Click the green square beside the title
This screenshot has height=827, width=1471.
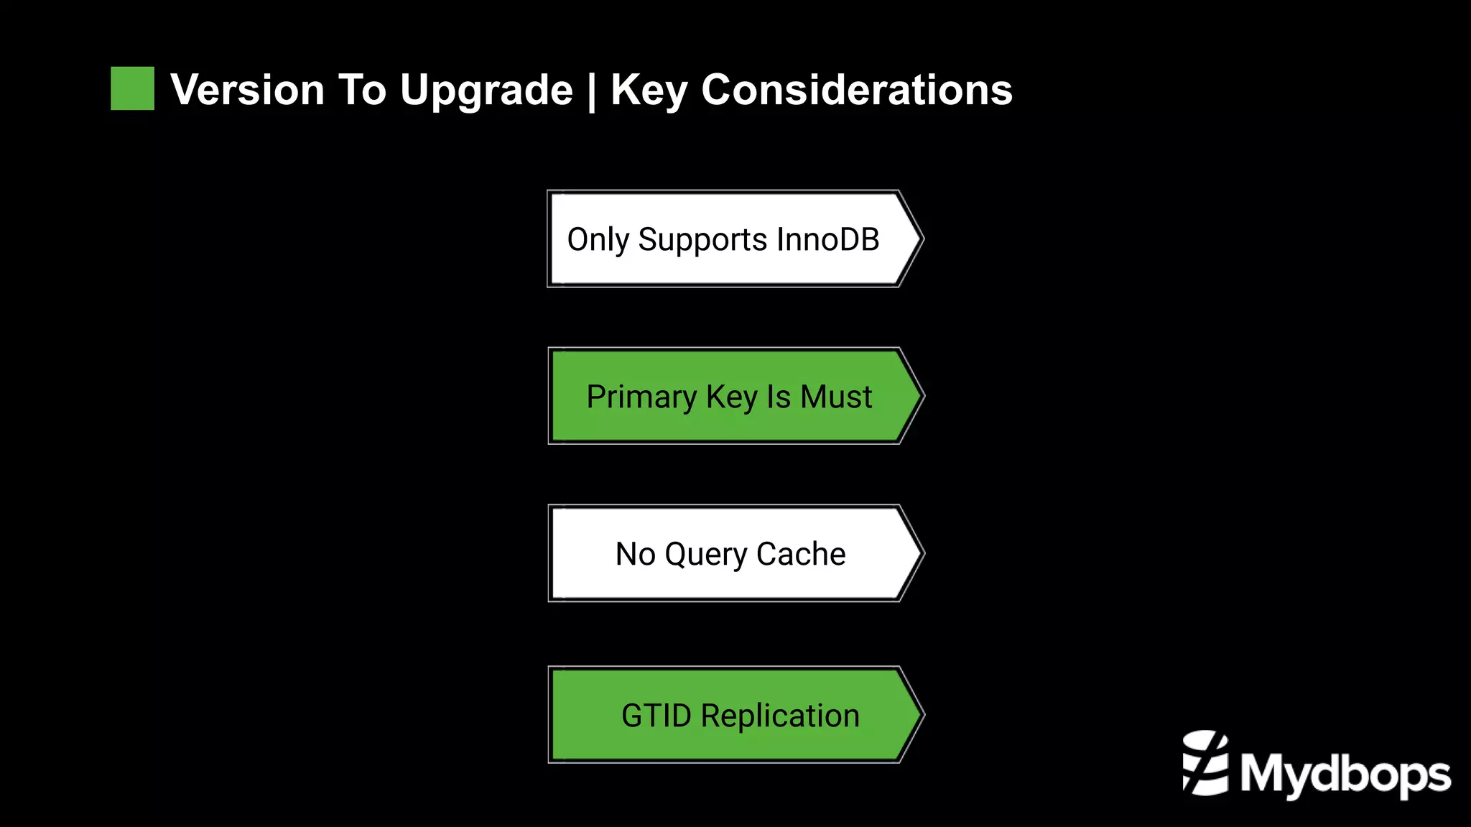pyautogui.click(x=132, y=88)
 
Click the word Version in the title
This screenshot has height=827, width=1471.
pyautogui.click(x=247, y=91)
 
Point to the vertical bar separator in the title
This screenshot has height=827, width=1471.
pyautogui.click(x=592, y=92)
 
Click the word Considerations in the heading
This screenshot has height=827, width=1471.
pyautogui.click(x=856, y=91)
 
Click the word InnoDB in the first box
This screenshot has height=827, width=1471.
pyautogui.click(x=827, y=239)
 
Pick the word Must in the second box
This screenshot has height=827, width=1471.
pyautogui.click(x=836, y=397)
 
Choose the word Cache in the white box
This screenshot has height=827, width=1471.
pyautogui.click(x=801, y=554)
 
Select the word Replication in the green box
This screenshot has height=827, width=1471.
pyautogui.click(x=780, y=716)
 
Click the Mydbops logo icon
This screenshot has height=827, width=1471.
pyautogui.click(x=1205, y=763)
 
